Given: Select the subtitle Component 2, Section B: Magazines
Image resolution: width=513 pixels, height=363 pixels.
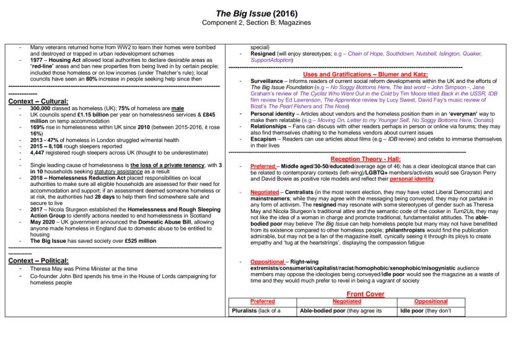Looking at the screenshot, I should pos(256,22).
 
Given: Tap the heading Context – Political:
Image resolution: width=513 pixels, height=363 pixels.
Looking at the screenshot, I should pos(38,260).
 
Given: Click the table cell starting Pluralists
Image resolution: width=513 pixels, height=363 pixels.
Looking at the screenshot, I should pos(255,310).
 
